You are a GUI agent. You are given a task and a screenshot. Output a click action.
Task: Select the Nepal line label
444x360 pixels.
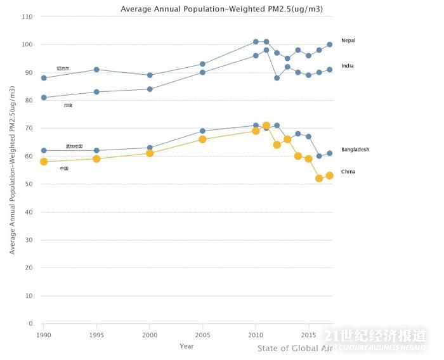(348, 41)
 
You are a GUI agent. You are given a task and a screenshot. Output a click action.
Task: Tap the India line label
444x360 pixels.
(347, 66)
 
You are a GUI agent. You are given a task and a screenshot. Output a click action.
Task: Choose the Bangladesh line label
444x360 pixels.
(355, 150)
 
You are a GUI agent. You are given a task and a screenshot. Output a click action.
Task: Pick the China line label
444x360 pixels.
(348, 172)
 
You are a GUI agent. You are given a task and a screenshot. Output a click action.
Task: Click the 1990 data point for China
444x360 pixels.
(44, 162)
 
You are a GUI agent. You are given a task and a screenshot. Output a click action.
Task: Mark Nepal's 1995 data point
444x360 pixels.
(96, 70)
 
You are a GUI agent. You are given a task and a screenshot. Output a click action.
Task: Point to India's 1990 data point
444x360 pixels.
(44, 98)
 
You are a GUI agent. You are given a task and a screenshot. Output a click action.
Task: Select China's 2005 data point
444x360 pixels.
(202, 139)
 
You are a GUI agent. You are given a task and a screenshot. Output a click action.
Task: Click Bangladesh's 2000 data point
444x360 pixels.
(150, 148)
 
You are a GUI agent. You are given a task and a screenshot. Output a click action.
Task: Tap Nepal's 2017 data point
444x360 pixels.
(329, 44)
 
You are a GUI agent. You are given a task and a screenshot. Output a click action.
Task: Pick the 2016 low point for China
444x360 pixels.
(319, 178)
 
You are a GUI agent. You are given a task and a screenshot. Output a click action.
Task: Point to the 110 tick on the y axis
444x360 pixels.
(27, 16)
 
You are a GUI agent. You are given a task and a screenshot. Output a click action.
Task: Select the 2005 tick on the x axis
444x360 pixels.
(202, 334)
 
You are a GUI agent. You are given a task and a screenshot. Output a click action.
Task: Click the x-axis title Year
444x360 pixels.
(186, 346)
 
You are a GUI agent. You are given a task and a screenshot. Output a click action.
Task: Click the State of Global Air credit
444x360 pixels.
(290, 348)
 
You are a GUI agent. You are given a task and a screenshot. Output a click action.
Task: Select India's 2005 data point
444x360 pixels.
(202, 72)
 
